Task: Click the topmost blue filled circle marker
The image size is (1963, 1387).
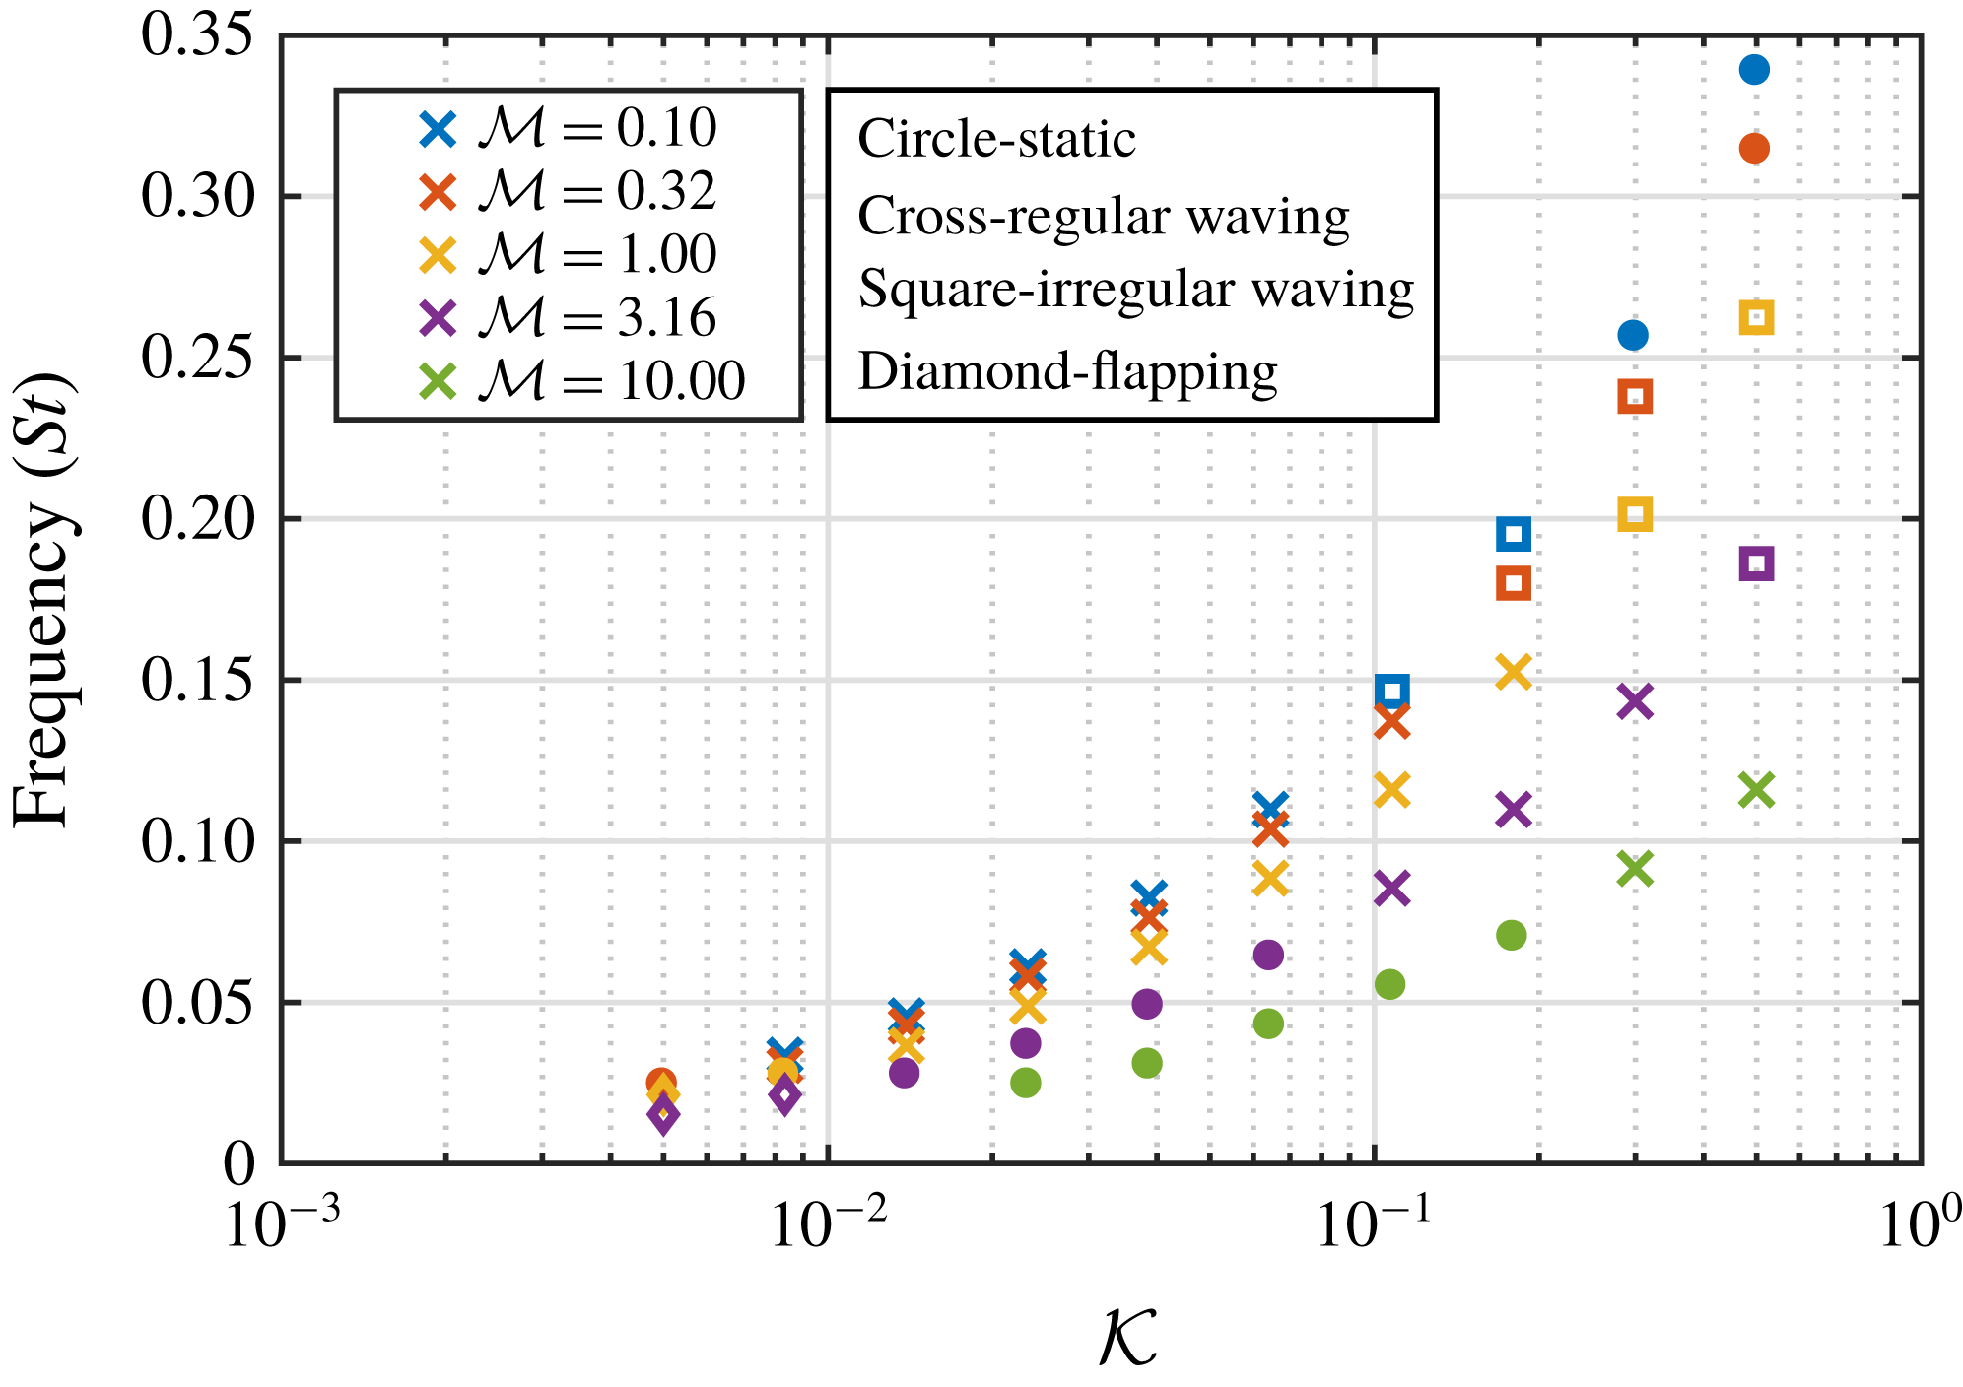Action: pos(1754,70)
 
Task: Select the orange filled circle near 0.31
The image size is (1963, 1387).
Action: pos(1754,149)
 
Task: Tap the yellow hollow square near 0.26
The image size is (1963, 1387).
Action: pos(1757,318)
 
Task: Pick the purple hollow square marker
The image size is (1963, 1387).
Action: pos(1757,564)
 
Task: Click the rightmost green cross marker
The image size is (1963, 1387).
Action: pos(1757,790)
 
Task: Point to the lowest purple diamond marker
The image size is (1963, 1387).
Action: pos(663,1115)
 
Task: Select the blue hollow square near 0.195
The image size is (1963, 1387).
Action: pos(1514,535)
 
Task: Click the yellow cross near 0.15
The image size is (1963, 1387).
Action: pos(1514,672)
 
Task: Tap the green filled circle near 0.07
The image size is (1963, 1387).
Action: pos(1511,935)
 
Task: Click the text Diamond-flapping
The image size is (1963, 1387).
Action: pos(1067,373)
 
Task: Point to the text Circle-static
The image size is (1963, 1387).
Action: pos(996,139)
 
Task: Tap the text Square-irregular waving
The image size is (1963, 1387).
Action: pos(1135,291)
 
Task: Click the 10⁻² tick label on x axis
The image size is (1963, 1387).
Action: pos(828,1224)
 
